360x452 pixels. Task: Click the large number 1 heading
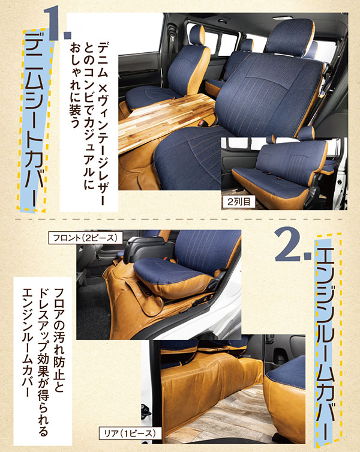click(x=57, y=23)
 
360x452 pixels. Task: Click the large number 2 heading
click(x=293, y=244)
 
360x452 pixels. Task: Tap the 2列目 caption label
click(x=239, y=202)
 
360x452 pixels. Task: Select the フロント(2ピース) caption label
click(x=86, y=238)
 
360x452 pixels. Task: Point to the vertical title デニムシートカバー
click(x=34, y=119)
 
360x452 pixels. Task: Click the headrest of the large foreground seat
click(x=290, y=37)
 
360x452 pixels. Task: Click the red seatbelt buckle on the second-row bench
click(x=279, y=179)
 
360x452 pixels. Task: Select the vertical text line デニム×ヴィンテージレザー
click(x=102, y=124)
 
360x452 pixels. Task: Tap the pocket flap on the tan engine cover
click(x=150, y=305)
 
